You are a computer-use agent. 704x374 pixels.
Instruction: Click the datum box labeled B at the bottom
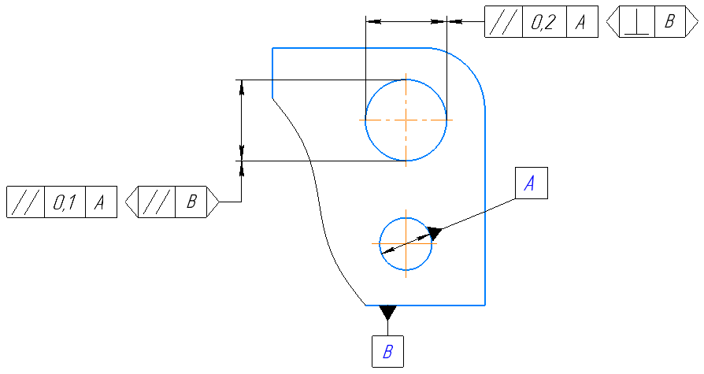(x=387, y=351)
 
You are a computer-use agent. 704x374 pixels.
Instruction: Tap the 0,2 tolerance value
(x=543, y=23)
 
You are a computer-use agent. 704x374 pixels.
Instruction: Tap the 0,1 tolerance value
(x=65, y=202)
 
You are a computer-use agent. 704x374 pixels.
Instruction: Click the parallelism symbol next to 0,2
(x=503, y=23)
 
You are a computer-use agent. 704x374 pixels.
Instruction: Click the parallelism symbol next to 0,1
(x=25, y=202)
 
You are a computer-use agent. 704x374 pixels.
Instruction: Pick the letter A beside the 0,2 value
(x=580, y=23)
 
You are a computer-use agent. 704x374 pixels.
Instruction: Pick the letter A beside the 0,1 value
(x=100, y=202)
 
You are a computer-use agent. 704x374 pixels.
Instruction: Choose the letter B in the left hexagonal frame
(x=190, y=202)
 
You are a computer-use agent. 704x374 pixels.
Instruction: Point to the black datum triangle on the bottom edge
(x=387, y=313)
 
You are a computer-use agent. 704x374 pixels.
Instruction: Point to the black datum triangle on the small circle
(x=434, y=231)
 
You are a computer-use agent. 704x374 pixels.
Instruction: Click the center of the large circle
(x=406, y=120)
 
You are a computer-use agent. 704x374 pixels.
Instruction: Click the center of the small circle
(x=406, y=243)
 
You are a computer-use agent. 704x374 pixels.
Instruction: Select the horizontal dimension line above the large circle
(x=406, y=22)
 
